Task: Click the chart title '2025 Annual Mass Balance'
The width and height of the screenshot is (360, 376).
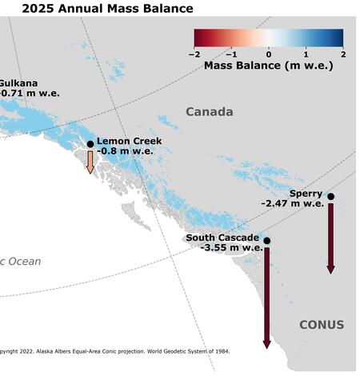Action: pyautogui.click(x=96, y=9)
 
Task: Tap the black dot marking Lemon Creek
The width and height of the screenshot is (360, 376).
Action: pyautogui.click(x=90, y=145)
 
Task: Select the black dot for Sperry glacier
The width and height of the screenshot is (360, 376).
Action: pyautogui.click(x=330, y=196)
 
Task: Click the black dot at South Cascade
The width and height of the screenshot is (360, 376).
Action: pyautogui.click(x=266, y=241)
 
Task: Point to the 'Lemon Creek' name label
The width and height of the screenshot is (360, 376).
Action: pyautogui.click(x=129, y=141)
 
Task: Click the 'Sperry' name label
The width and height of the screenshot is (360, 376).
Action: pyautogui.click(x=306, y=194)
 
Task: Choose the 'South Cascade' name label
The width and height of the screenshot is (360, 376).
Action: pyautogui.click(x=222, y=238)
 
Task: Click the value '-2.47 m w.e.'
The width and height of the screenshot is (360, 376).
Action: pyautogui.click(x=291, y=203)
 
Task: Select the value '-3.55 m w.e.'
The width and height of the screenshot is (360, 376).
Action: pyautogui.click(x=232, y=247)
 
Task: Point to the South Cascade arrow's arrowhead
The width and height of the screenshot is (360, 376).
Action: pyautogui.click(x=266, y=343)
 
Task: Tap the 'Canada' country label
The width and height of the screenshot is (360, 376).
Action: pyautogui.click(x=210, y=111)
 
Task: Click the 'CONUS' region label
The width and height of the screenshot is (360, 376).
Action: pyautogui.click(x=321, y=325)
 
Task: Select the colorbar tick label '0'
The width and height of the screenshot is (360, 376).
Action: pyautogui.click(x=268, y=54)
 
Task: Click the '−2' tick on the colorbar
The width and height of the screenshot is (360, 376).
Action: pyautogui.click(x=194, y=54)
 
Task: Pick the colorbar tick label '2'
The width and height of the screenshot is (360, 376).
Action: pyautogui.click(x=342, y=54)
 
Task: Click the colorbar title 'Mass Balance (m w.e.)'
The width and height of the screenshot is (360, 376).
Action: pyautogui.click(x=268, y=65)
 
